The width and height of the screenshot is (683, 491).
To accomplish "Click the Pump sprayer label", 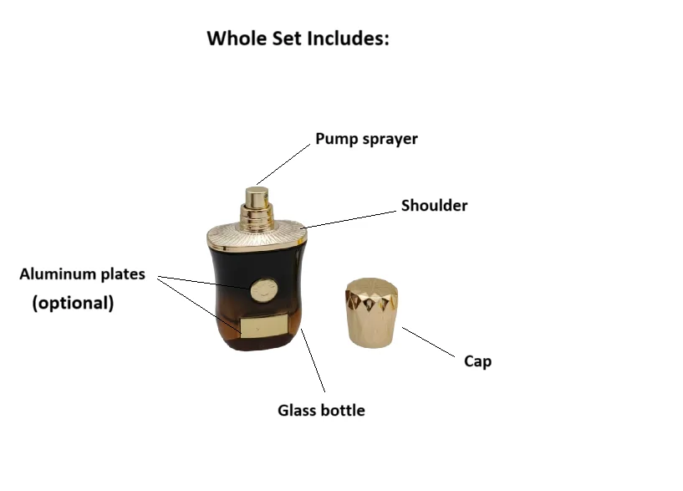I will pyautogui.click(x=366, y=139).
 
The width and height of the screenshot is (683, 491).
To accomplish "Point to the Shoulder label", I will pyautogui.click(x=434, y=206).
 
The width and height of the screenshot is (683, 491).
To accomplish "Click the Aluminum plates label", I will pyautogui.click(x=82, y=274).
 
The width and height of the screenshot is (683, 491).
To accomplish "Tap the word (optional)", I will pyautogui.click(x=73, y=303).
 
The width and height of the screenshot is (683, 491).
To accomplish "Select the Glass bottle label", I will pyautogui.click(x=321, y=411).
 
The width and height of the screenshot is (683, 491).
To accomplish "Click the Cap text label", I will pyautogui.click(x=477, y=361).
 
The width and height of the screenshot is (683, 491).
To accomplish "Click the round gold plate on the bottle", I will pyautogui.click(x=261, y=290).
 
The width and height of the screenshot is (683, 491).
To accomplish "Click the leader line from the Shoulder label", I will pyautogui.click(x=351, y=218).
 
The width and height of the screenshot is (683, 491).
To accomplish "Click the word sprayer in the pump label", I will pyautogui.click(x=390, y=139).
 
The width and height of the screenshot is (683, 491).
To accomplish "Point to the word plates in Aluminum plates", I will pyautogui.click(x=123, y=274).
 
